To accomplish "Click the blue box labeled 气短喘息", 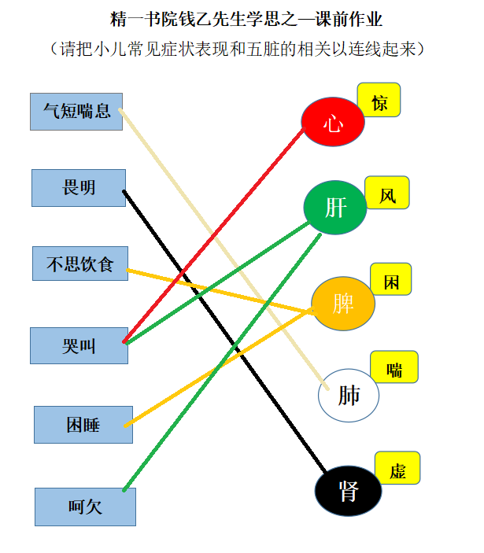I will (x=76, y=111).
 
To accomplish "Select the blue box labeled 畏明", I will (x=79, y=188).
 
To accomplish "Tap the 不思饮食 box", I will (x=79, y=264).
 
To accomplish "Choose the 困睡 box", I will (x=83, y=425).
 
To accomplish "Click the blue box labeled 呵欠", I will (x=85, y=507).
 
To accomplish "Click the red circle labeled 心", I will (x=333, y=122).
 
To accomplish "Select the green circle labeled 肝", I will (x=334, y=207).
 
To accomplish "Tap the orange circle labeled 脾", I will (x=343, y=304).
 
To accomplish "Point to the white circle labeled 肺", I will (x=349, y=395).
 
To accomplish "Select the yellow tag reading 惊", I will (x=379, y=101).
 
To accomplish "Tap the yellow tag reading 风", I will (x=387, y=193).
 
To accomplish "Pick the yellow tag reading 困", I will (x=391, y=280).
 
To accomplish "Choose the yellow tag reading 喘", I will (x=394, y=367).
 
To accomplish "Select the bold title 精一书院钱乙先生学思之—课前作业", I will (x=246, y=18).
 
